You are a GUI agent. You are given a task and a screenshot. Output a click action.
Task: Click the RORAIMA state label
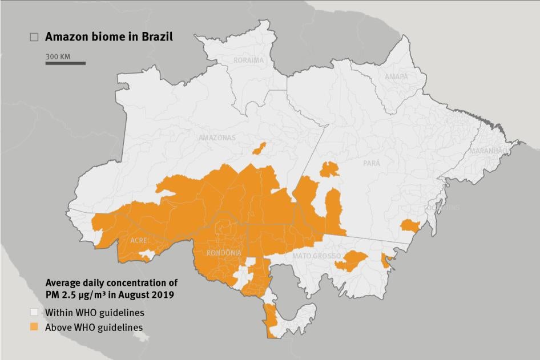click(248, 60)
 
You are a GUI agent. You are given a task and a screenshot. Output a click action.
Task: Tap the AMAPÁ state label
click(396, 76)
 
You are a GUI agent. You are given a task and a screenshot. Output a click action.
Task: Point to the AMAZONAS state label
click(217, 138)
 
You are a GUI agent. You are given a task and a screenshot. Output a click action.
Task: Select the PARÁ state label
click(372, 163)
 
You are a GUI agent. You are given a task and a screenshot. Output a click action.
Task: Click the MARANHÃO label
click(487, 151)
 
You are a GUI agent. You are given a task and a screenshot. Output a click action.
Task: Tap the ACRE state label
click(139, 241)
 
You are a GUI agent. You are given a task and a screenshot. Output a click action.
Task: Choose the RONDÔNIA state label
click(224, 253)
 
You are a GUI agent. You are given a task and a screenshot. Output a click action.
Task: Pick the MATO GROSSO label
click(317, 256)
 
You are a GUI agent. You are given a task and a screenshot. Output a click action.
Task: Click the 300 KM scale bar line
click(66, 63)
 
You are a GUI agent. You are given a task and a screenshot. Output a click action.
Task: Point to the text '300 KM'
click(58, 56)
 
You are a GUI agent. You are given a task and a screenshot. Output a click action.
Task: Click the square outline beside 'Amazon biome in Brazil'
click(34, 37)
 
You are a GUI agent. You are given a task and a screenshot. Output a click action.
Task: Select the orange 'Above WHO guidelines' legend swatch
click(34, 327)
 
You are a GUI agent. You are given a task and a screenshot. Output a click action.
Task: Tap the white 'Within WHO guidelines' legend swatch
click(34, 313)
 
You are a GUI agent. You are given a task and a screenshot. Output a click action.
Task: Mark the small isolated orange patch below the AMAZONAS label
click(259, 149)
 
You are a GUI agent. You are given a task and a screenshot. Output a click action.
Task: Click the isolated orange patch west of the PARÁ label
click(329, 169)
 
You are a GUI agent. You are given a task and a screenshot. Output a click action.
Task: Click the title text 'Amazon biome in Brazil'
click(108, 37)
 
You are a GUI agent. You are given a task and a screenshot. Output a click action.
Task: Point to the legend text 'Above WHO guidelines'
click(94, 327)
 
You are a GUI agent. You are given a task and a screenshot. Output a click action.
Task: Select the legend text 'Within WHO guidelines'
click(95, 313)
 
